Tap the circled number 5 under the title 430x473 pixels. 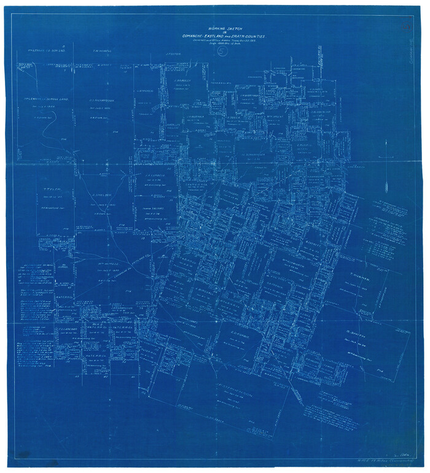[x=221, y=52]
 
